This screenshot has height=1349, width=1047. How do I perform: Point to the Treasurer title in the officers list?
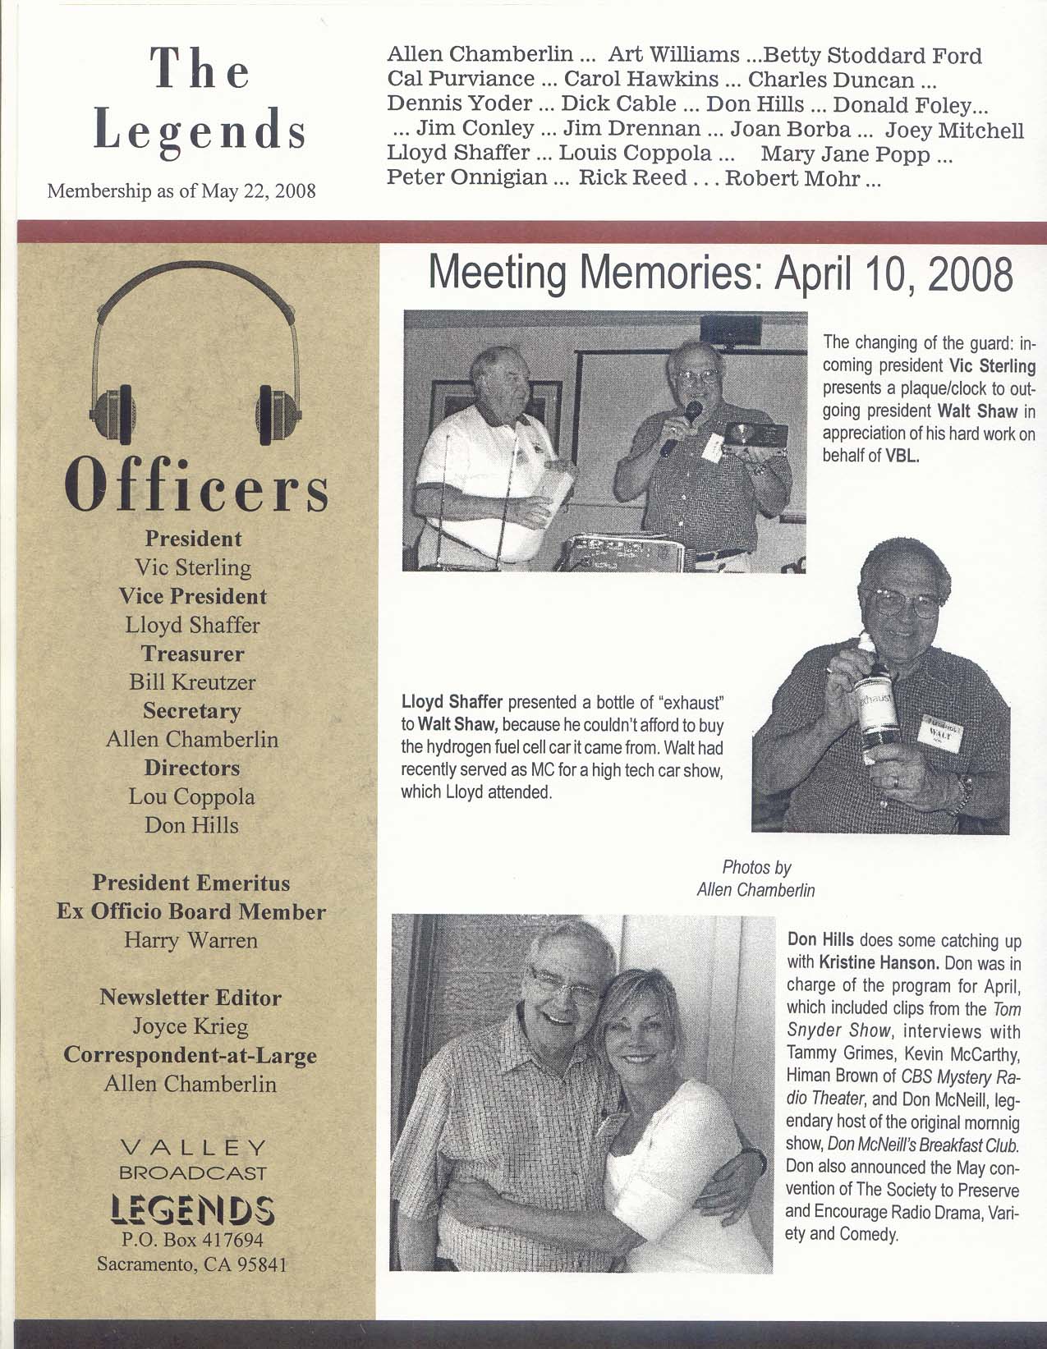point(192,654)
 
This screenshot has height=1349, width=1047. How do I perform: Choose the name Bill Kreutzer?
point(192,682)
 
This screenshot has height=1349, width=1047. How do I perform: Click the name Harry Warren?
point(191,940)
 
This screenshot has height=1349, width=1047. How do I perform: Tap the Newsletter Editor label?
point(191,998)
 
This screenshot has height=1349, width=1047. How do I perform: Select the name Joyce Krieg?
point(191,1026)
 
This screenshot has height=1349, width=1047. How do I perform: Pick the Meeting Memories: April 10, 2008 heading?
point(721,274)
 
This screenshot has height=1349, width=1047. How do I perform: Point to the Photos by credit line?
point(756,867)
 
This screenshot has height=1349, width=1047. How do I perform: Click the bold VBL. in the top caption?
point(902,457)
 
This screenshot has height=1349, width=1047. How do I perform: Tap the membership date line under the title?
point(182,192)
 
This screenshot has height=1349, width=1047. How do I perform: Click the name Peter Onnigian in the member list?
point(466,178)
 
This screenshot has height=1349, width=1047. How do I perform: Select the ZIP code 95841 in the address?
point(260,1264)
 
